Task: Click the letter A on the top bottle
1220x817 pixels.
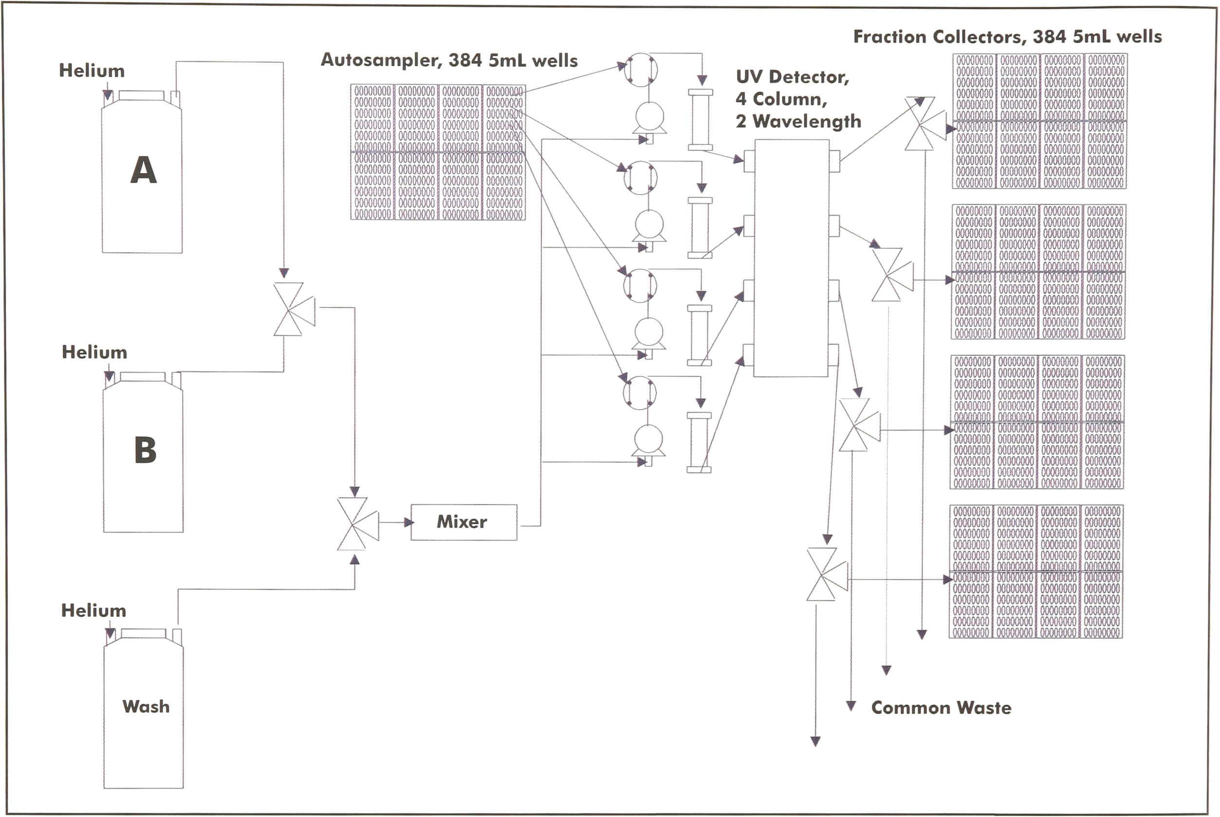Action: click(143, 170)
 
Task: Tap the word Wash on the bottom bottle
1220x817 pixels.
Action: click(146, 707)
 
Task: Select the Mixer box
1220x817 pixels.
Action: click(464, 522)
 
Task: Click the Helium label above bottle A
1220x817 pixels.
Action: click(92, 71)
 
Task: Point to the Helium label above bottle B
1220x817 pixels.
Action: click(94, 352)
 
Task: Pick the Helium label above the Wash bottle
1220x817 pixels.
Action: click(94, 611)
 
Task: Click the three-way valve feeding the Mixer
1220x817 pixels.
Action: click(357, 524)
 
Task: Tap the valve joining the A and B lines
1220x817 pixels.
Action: click(294, 309)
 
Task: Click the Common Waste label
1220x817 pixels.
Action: click(941, 708)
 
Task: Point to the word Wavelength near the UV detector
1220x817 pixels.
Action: click(807, 121)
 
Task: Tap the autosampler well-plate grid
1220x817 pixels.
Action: click(438, 152)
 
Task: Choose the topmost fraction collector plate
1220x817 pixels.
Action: click(1039, 121)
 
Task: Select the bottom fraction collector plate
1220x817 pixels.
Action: click(1036, 572)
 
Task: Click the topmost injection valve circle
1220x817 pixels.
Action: click(641, 69)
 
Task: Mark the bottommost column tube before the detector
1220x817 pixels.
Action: click(699, 442)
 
